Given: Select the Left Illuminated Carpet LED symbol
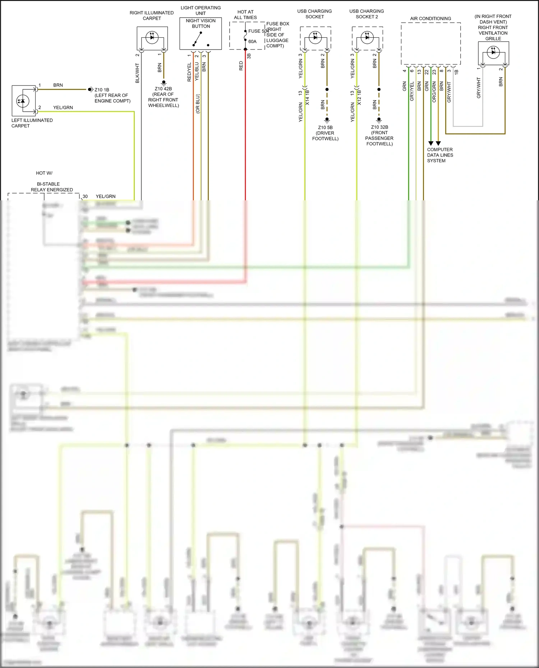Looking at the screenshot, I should [23, 101].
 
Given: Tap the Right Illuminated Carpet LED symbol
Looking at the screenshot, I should [152, 37].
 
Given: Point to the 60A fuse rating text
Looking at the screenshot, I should [253, 42].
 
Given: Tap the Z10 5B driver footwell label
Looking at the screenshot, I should [325, 133].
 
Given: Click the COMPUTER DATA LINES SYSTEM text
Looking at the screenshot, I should [440, 155].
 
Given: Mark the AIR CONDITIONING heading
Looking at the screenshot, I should [430, 19].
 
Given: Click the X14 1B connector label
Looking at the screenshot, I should [307, 98].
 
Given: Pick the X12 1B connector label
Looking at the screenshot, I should [359, 98].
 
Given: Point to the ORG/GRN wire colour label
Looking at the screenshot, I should [434, 92].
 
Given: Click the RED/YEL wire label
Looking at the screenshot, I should [189, 72].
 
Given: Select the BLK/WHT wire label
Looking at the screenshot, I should [137, 73].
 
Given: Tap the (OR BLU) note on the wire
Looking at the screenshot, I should [198, 104].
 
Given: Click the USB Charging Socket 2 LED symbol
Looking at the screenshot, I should [367, 37].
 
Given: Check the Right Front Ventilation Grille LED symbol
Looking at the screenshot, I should [493, 52].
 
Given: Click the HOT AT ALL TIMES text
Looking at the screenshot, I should [245, 15].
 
